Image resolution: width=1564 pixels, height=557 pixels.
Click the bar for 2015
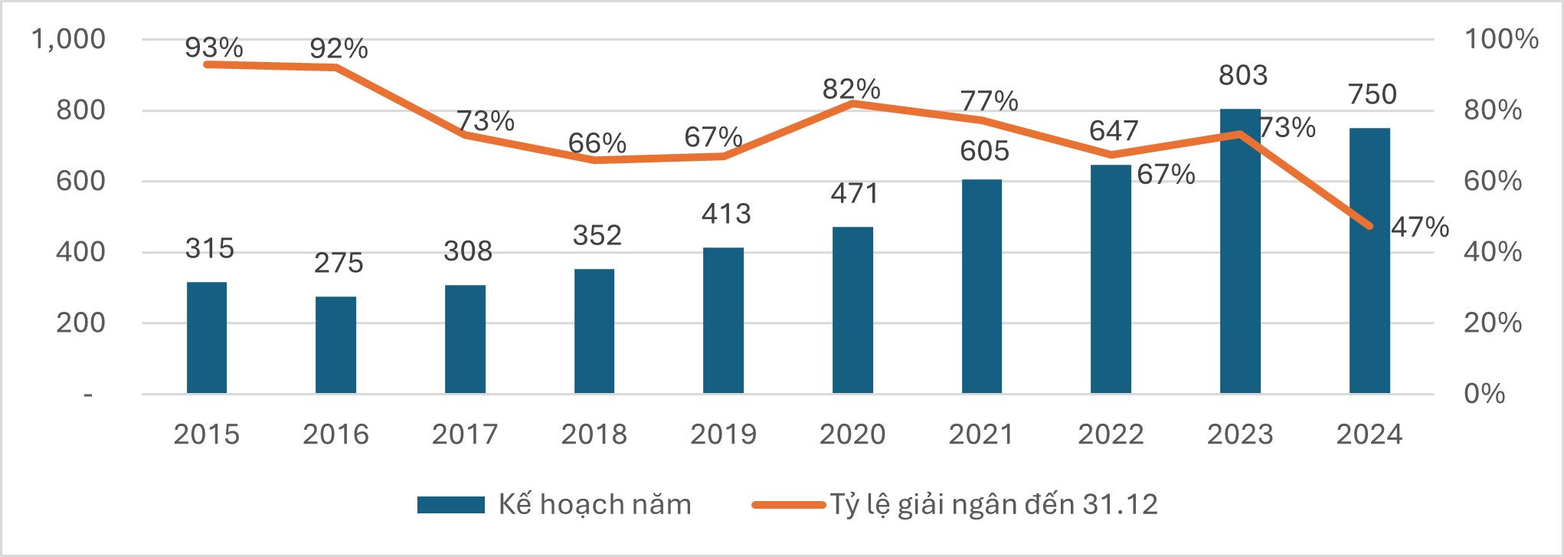pos(207,338)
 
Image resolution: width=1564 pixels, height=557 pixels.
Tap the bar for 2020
pos(852,310)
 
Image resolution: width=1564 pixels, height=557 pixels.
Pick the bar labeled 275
pos(335,345)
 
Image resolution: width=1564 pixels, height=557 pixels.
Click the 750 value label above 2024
pos(1373,94)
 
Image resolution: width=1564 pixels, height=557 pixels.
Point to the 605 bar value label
pos(984,151)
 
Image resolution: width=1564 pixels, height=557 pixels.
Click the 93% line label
pos(214,48)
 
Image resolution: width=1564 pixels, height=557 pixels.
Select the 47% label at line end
pos(1420,227)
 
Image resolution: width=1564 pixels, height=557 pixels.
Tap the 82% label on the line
pos(851,89)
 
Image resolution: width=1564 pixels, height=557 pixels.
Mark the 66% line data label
pos(597,143)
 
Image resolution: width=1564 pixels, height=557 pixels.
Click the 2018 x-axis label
pos(594,434)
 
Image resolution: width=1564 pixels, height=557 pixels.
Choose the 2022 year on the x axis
pos(1111,434)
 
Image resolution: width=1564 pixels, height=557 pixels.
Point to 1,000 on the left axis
pos(68,39)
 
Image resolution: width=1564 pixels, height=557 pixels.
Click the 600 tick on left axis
pos(80,182)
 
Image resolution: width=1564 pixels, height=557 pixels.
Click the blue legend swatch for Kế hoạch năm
pos(450,505)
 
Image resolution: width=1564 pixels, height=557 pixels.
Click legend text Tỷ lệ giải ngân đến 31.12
pos(993,505)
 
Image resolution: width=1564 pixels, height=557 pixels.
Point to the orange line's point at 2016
pos(335,67)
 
